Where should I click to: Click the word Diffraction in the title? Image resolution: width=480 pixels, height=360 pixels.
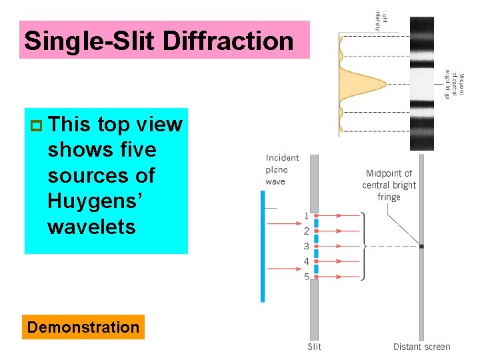point(237,41)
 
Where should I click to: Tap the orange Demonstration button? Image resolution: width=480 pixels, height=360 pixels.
point(83,327)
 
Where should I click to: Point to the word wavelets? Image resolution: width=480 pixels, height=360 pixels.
point(91,227)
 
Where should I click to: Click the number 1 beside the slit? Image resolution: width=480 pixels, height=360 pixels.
point(307,215)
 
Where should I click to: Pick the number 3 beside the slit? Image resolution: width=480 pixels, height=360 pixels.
point(307,246)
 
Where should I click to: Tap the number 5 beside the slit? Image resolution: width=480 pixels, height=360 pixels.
point(307,276)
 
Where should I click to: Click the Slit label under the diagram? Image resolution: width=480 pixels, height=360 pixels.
point(314,347)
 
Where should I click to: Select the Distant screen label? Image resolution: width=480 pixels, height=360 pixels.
point(421,347)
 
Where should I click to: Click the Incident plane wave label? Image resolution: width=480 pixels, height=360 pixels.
point(282,169)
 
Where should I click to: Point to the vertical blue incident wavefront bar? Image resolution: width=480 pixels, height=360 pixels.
point(263,247)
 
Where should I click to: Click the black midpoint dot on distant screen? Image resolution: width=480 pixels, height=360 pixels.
point(421,246)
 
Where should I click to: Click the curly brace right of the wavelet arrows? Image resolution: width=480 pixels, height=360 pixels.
point(363,246)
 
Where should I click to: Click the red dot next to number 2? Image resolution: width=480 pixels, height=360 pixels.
point(316,231)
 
